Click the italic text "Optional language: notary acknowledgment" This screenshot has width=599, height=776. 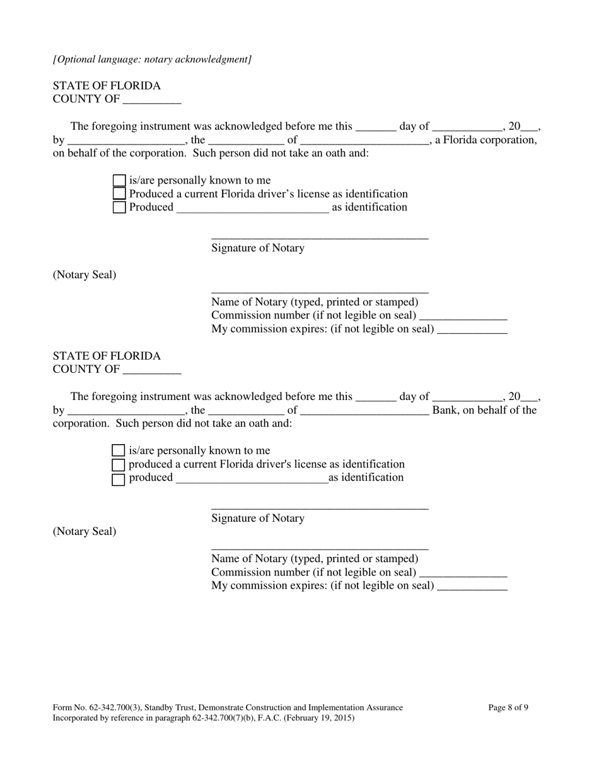153,59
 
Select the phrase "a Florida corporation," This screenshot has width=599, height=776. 486,139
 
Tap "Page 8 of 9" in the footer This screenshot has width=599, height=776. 508,707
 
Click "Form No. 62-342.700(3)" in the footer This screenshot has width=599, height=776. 96,707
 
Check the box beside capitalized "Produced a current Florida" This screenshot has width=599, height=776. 119,194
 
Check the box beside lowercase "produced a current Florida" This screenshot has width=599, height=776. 119,465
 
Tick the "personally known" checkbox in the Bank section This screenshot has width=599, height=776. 119,450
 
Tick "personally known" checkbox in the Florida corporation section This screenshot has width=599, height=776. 119,181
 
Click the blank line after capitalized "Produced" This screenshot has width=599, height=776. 253,208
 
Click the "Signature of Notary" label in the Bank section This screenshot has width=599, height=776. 258,518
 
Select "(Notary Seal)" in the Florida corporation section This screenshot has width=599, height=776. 84,275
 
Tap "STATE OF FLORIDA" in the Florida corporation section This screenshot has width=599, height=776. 107,85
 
